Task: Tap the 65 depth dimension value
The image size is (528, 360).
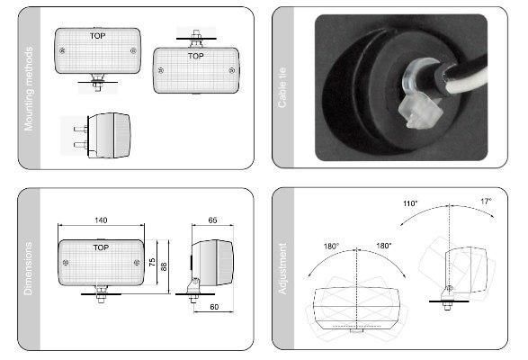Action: point(212,219)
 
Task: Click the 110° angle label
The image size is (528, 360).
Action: point(410,204)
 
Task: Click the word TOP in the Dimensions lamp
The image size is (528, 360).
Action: point(100,247)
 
